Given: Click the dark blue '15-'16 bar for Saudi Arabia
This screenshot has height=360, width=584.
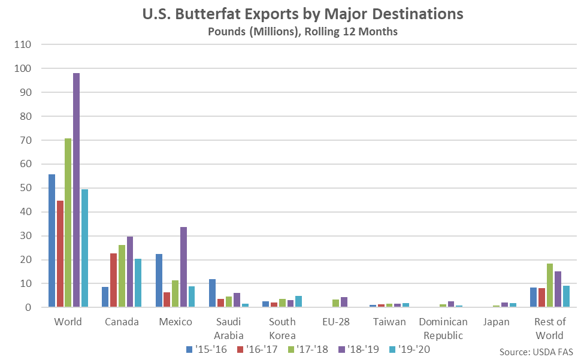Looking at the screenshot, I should [212, 293].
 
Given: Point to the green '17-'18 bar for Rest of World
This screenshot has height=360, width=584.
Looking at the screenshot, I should [549, 285].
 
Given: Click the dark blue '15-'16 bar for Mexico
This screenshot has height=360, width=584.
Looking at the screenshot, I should [159, 280].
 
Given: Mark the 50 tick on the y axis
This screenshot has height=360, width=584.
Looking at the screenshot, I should [27, 188].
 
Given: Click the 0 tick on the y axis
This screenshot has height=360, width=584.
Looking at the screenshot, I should [29, 307].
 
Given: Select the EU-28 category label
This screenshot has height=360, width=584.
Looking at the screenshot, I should [335, 322].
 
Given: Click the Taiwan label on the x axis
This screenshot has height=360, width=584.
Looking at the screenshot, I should [389, 322].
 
